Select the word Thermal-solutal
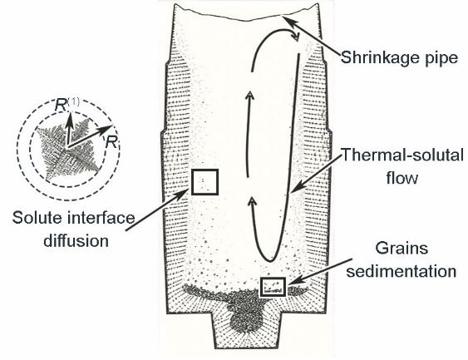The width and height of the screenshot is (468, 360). pyautogui.click(x=402, y=155)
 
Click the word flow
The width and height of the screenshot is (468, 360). pyautogui.click(x=402, y=178)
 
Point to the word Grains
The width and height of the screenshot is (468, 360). pyautogui.click(x=401, y=249)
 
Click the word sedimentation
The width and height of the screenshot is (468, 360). pyautogui.click(x=401, y=271)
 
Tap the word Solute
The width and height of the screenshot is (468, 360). pyautogui.click(x=37, y=218)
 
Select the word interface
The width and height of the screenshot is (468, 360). pyautogui.click(x=101, y=218)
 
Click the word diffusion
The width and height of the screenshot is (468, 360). pyautogui.click(x=76, y=240)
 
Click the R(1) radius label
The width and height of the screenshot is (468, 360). pyautogui.click(x=67, y=104)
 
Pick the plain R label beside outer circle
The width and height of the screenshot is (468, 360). pyautogui.click(x=111, y=141)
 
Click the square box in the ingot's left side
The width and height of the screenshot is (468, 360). pyautogui.click(x=204, y=170)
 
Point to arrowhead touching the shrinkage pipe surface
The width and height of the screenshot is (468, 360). pyautogui.click(x=287, y=22)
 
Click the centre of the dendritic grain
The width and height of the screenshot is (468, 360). pyautogui.click(x=68, y=148)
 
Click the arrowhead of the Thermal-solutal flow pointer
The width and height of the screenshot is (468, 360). pyautogui.click(x=295, y=188)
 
